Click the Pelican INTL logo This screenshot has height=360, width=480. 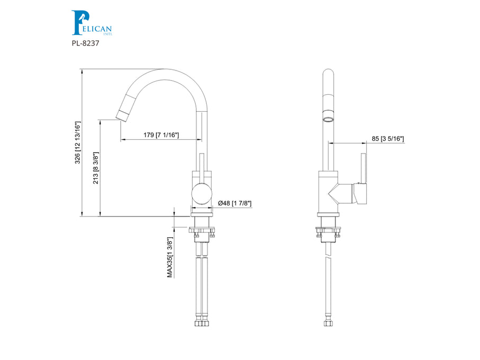click(x=92, y=23)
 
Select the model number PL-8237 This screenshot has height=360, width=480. click(x=85, y=43)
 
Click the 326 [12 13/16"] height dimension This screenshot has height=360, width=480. click(x=77, y=142)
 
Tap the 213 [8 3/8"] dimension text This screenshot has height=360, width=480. click(x=96, y=168)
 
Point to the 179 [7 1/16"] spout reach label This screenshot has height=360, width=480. click(x=161, y=135)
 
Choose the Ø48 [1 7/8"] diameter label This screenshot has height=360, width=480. click(x=235, y=203)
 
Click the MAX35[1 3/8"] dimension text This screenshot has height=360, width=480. click(x=170, y=257)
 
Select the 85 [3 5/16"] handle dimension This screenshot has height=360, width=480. click(x=388, y=139)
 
